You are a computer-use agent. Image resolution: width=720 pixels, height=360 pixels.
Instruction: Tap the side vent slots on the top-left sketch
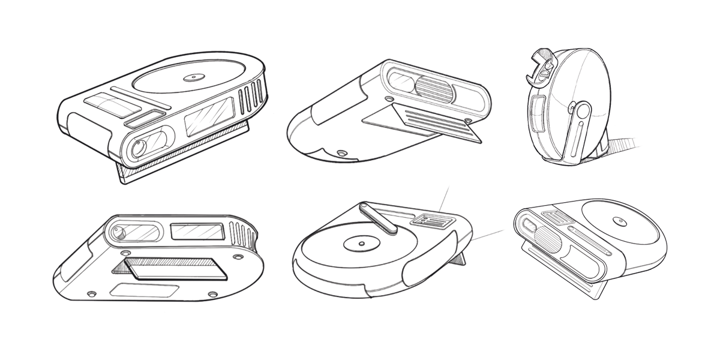point(251,98)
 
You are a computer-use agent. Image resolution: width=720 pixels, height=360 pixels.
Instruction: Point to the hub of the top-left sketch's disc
point(193,77)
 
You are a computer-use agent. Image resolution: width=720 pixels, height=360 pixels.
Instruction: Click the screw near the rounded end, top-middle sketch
point(342,154)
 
